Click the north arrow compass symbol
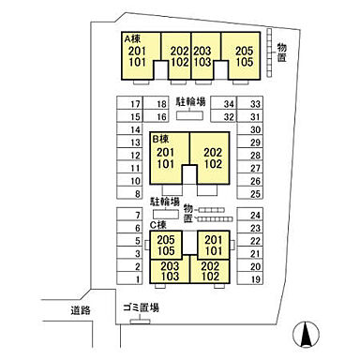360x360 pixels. [x=306, y=334]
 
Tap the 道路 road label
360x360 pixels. [x=81, y=310]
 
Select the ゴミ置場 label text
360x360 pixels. [x=141, y=307]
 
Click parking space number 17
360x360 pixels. [x=129, y=103]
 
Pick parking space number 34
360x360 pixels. [x=223, y=103]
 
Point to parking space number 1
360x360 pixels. [x=129, y=277]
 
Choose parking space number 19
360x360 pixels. [x=250, y=277]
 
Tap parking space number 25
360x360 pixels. [x=250, y=192]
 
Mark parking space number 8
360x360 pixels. [x=129, y=192]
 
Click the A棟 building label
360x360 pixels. [x=132, y=38]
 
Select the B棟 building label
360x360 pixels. [x=160, y=139]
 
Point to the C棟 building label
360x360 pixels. [x=157, y=225]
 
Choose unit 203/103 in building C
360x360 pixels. [x=170, y=271]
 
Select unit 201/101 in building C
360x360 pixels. [x=214, y=245]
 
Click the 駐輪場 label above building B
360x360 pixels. [x=190, y=102]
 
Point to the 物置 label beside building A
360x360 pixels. [x=281, y=52]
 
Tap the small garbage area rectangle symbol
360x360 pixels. [x=140, y=322]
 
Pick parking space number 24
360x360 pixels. [x=250, y=214]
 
